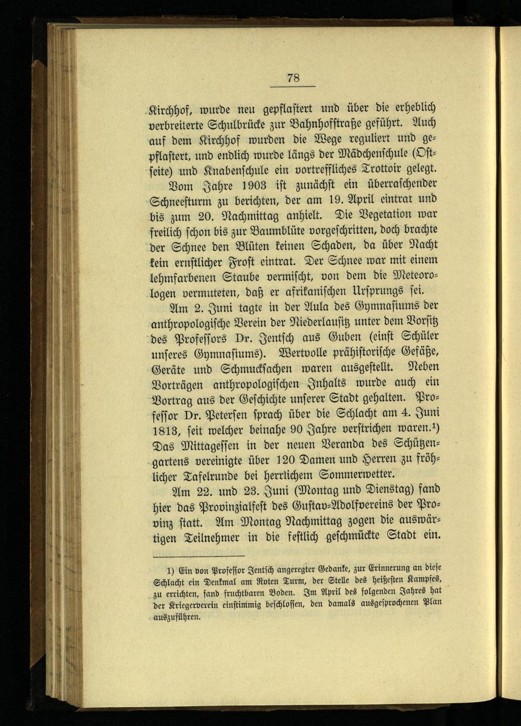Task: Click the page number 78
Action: [x=293, y=78]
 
